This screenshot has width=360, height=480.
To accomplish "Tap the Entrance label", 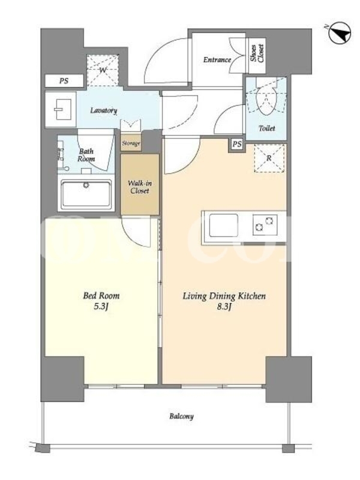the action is click(x=217, y=59).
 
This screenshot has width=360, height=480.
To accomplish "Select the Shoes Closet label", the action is click(x=257, y=53).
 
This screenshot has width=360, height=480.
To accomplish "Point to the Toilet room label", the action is click(x=267, y=128).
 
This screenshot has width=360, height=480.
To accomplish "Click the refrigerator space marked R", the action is click(x=269, y=158).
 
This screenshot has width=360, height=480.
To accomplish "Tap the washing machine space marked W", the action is click(x=103, y=70).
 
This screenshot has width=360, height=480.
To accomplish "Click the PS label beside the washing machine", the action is click(x=64, y=81).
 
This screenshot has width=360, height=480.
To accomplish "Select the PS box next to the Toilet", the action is click(x=237, y=144).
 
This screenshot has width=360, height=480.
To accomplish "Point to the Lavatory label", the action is click(x=103, y=110).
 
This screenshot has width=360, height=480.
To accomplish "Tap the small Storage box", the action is click(x=131, y=143).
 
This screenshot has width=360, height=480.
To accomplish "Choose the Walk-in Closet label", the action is click(x=140, y=187).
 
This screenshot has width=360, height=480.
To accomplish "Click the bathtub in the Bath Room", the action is click(x=86, y=193).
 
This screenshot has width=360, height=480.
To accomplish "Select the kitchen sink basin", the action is click(x=223, y=226).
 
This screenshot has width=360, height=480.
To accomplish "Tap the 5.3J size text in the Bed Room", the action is click(x=101, y=307).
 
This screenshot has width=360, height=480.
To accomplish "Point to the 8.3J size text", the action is click(x=224, y=307).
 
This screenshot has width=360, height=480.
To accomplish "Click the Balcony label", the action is click(x=182, y=416).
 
